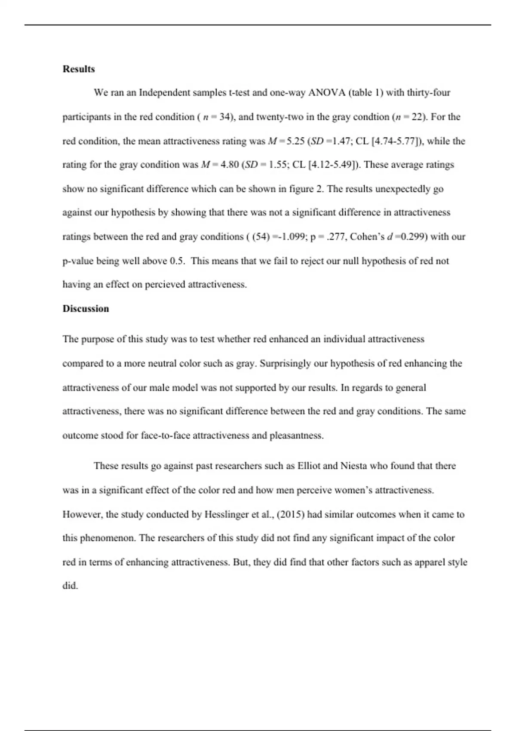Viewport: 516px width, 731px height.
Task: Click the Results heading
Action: tap(79, 69)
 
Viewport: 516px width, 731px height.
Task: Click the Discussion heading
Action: tap(86, 308)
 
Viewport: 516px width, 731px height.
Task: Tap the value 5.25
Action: tap(295, 141)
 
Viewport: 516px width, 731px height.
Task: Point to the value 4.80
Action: tap(229, 165)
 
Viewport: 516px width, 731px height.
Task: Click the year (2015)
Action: tap(291, 514)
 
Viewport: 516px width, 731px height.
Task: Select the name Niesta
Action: tap(354, 466)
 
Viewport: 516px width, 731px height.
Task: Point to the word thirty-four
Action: tap(428, 92)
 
